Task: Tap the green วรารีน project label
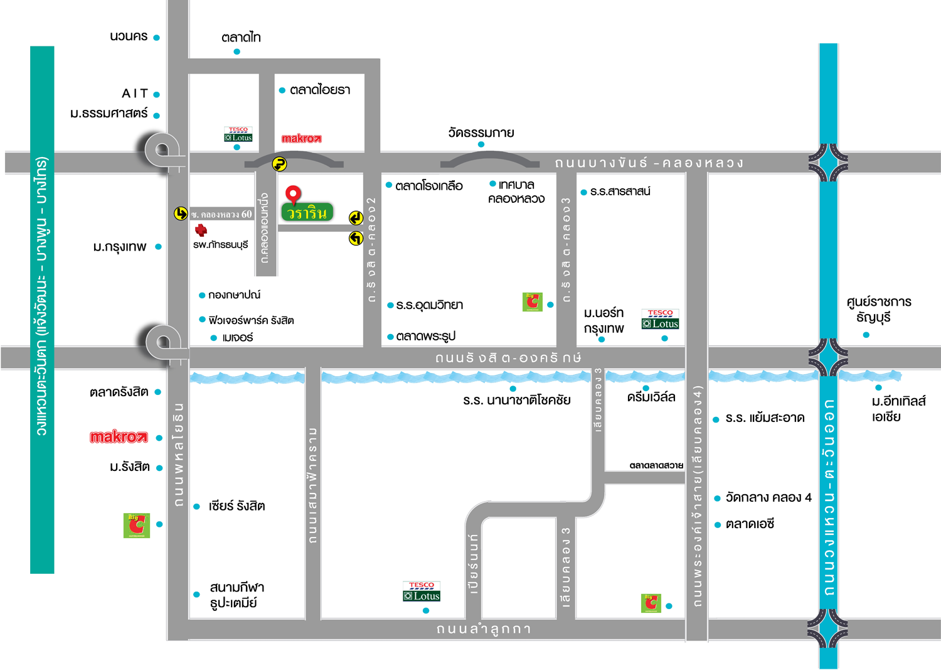tap(307, 213)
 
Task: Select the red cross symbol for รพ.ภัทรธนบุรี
tap(201, 230)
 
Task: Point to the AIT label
tap(135, 94)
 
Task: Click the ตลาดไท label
tap(241, 38)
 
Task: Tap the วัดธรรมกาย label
tap(481, 132)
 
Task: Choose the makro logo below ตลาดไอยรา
tap(302, 138)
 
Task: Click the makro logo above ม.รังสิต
tap(119, 438)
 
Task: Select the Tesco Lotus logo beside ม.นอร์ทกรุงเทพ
tap(660, 319)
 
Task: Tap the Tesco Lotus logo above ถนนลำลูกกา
tap(422, 592)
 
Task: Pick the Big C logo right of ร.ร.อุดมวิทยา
tap(532, 302)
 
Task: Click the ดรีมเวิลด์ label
tap(651, 397)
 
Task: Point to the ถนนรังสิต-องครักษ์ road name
tap(508, 357)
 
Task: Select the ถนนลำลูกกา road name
tap(484, 629)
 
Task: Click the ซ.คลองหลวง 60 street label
tap(221, 215)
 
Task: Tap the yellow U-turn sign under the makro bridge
tap(279, 164)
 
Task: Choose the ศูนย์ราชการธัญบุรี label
tap(879, 309)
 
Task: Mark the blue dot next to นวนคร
tap(156, 38)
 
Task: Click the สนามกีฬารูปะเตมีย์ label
tap(237, 595)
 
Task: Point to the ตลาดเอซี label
tap(750, 524)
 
